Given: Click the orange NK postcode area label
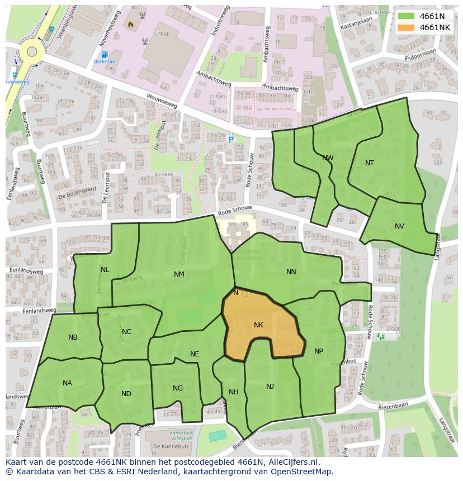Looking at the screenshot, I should point(258,325).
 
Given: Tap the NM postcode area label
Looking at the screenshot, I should point(179,274).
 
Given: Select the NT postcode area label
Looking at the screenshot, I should point(370,163).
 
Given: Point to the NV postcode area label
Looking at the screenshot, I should point(399,226).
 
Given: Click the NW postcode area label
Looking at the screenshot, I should point(328,158).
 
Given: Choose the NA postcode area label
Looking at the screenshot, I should point(67,383).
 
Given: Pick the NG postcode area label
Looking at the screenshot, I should point(178,388).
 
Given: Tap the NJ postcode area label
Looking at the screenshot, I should point(270,387).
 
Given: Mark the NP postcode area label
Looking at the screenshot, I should point(319,351).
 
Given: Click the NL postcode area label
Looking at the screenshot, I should point(105,270).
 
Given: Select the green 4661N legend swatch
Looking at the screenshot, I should point(407,16).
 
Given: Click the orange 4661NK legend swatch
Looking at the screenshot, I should point(407,27).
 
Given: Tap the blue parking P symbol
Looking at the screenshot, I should point(230,139).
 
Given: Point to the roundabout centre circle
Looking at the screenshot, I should point(32,52).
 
